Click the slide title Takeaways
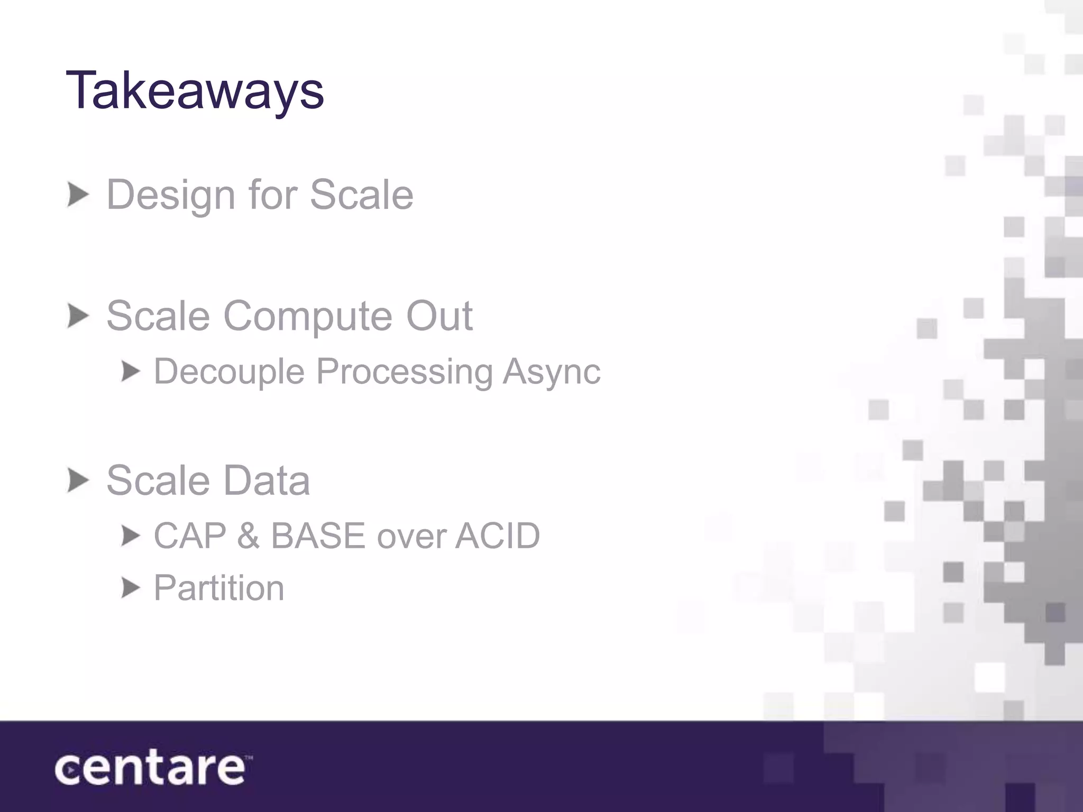point(195,91)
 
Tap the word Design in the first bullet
point(170,195)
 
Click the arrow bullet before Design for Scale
point(78,195)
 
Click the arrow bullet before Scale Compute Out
point(78,316)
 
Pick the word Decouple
point(229,372)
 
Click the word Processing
point(405,372)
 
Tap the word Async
point(552,372)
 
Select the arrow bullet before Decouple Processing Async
point(131,372)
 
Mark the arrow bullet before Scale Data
point(78,481)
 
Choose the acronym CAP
point(190,536)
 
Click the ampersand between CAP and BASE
point(249,536)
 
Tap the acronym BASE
point(318,536)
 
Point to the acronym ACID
point(497,536)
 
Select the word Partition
point(219,588)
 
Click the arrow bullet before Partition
point(131,588)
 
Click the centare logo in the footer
point(151,769)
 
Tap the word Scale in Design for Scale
point(361,195)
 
